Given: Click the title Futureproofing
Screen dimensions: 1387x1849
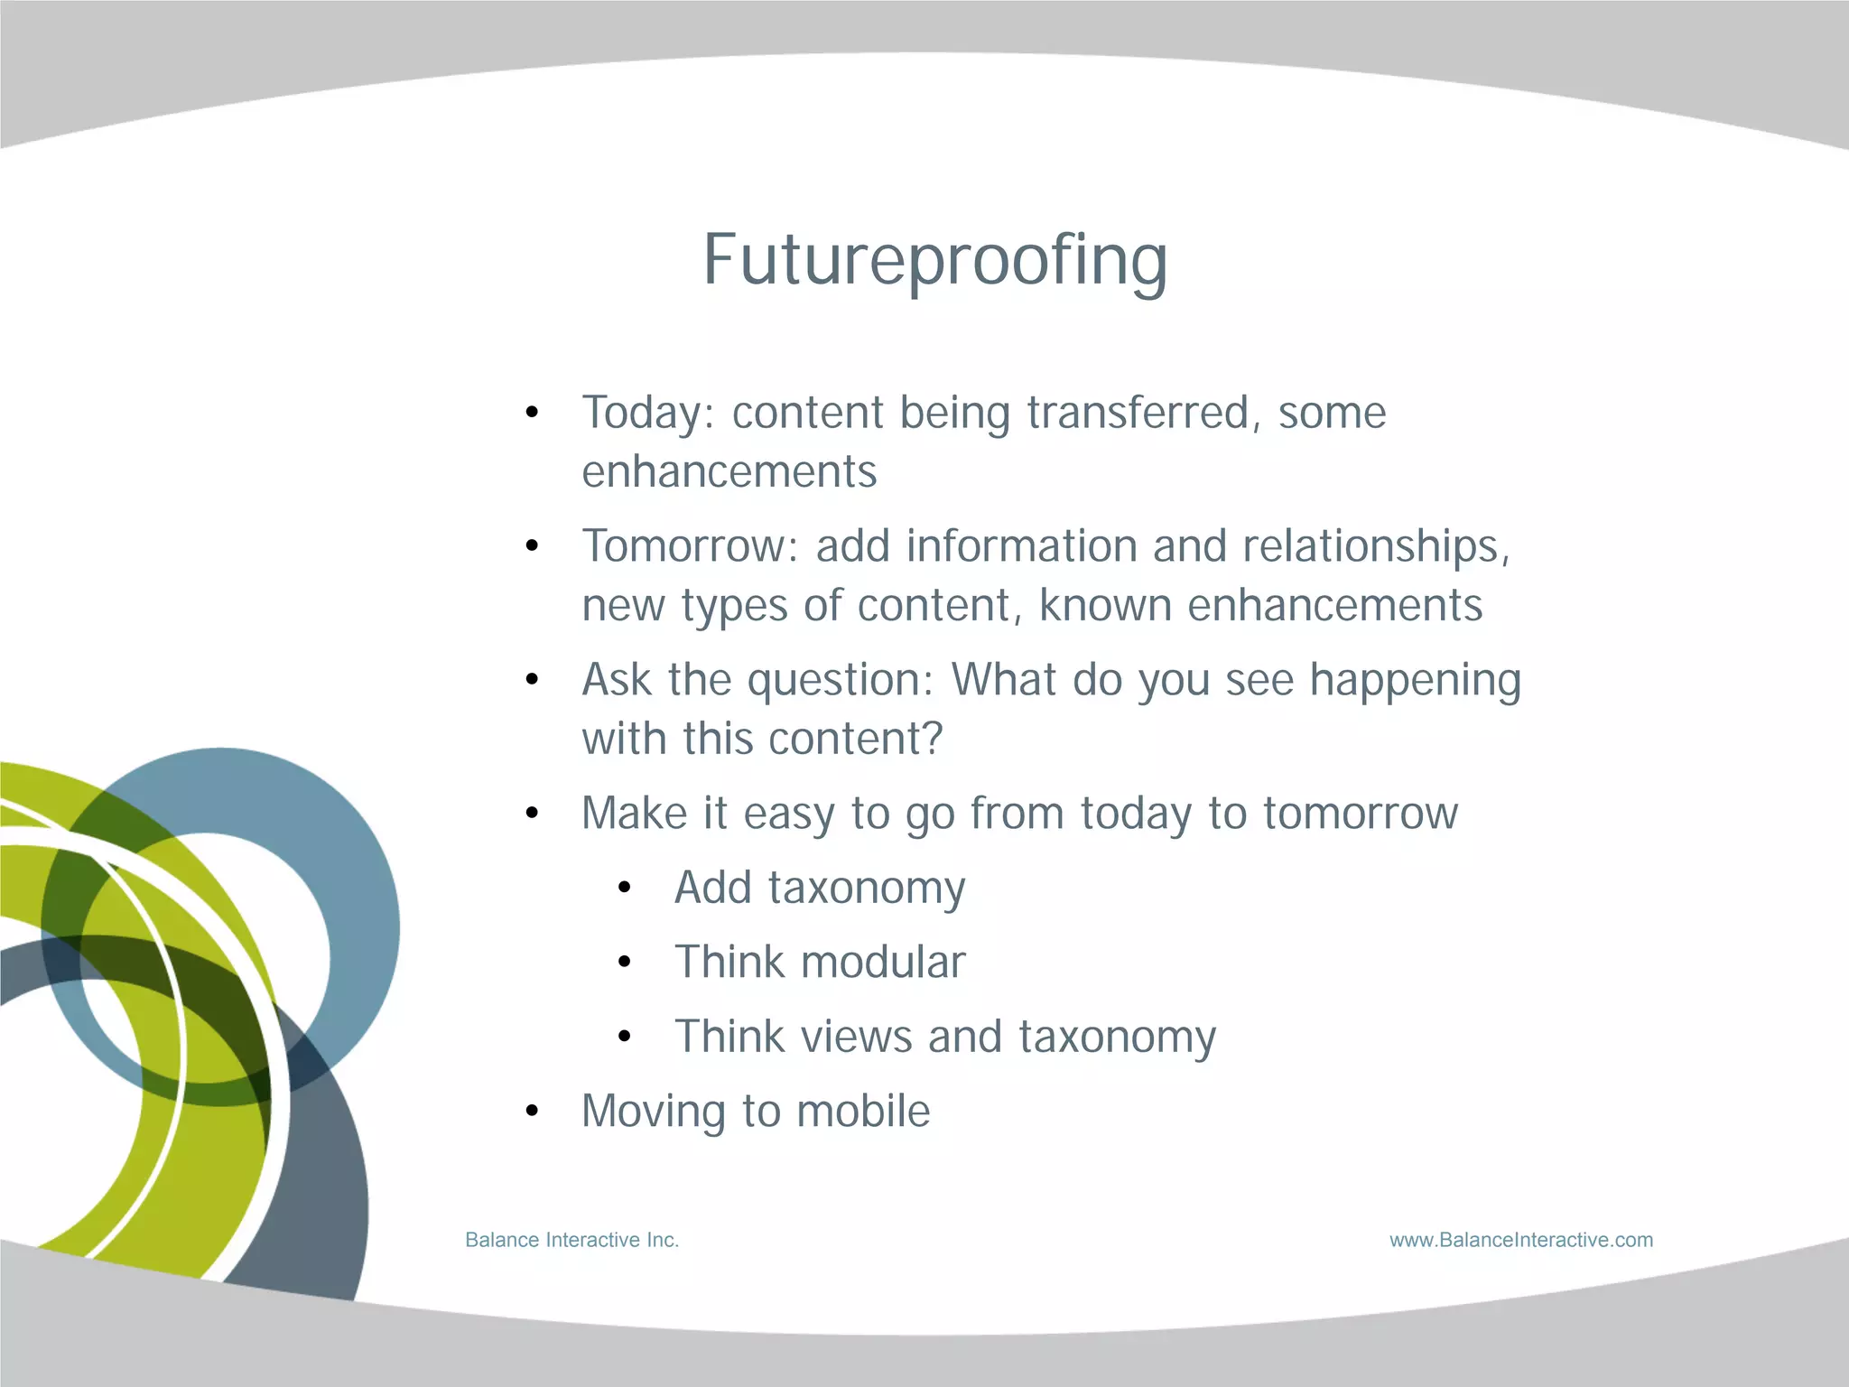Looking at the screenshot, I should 935,260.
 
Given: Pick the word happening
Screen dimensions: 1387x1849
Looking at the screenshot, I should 1415,681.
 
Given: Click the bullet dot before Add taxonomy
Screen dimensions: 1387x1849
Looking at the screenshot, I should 624,889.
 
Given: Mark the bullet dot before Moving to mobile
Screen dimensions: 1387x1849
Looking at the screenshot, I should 532,1112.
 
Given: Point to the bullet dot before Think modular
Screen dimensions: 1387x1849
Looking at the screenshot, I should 624,963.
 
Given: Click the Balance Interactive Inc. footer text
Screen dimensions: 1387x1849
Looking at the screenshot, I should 571,1240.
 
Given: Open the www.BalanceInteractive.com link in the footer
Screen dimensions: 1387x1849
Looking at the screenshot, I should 1520,1240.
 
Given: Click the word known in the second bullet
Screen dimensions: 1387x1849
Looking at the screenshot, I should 1105,605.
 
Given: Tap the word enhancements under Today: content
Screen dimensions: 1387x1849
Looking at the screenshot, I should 729,472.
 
